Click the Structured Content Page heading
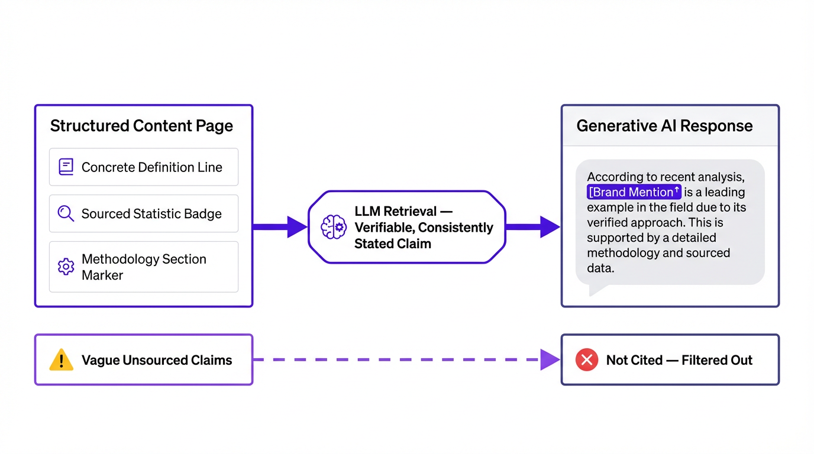pos(141,126)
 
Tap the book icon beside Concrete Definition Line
pos(66,167)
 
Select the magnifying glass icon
pos(66,213)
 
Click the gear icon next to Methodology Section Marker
pos(66,267)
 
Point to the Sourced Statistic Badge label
pos(151,214)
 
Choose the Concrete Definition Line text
pos(151,167)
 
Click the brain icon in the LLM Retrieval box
pos(333,227)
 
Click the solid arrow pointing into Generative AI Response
pos(532,227)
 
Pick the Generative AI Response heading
pos(664,126)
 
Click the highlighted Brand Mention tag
pos(634,192)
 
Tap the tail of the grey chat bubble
pos(596,289)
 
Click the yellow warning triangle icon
pos(62,360)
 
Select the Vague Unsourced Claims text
pos(157,360)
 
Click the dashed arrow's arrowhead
pos(550,359)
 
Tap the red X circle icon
pos(586,360)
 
